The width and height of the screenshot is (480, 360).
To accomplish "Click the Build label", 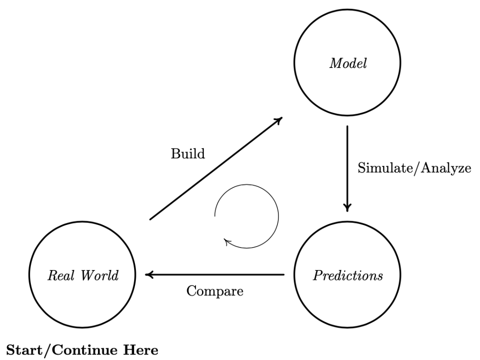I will pos(188,154).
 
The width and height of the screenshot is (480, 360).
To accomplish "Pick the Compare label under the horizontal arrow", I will pos(215,291).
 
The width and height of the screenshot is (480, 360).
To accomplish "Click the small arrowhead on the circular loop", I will pos(228,242).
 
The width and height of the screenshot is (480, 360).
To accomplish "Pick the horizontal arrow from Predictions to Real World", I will pos(216,275).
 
